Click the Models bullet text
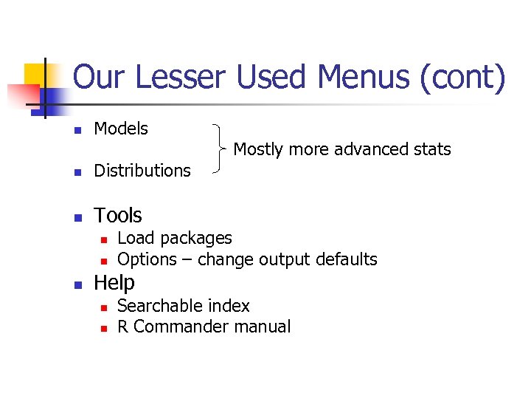pyautogui.click(x=121, y=129)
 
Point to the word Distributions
pyautogui.click(x=142, y=171)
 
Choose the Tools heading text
pyautogui.click(x=118, y=216)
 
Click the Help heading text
pyautogui.click(x=114, y=283)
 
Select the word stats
pyautogui.click(x=432, y=149)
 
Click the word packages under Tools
pyautogui.click(x=195, y=238)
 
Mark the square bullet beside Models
pyautogui.click(x=76, y=130)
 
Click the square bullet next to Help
pyautogui.click(x=76, y=284)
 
